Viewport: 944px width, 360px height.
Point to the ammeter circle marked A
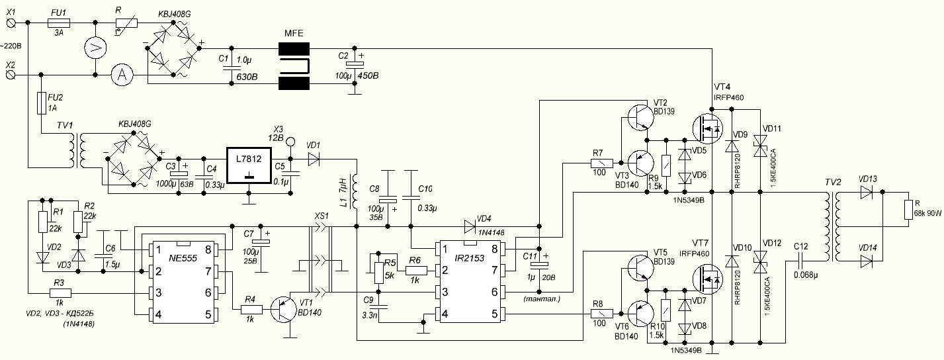pyautogui.click(x=121, y=75)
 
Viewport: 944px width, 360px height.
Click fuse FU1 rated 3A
pyautogui.click(x=60, y=22)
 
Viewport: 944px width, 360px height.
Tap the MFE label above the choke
pyautogui.click(x=294, y=33)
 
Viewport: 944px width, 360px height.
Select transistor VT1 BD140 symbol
pyautogui.click(x=288, y=309)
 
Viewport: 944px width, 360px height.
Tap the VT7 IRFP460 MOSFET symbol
pyautogui.click(x=708, y=279)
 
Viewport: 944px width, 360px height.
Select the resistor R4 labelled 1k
pyautogui.click(x=249, y=309)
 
